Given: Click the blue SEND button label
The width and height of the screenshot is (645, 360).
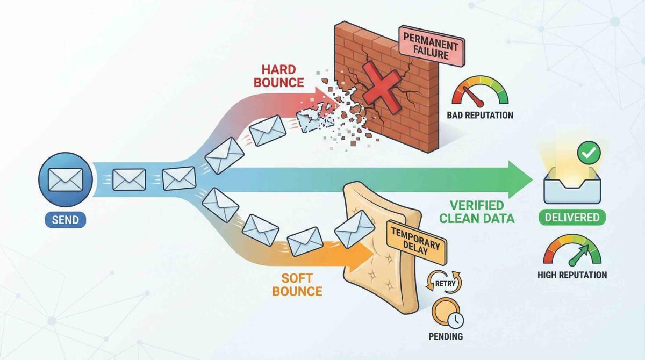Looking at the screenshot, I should tap(66, 220).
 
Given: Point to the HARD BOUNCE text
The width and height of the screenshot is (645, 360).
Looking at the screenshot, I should tap(283, 76).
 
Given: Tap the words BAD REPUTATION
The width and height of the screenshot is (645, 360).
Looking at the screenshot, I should tap(479, 115).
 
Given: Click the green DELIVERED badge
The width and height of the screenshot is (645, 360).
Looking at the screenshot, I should tap(572, 218).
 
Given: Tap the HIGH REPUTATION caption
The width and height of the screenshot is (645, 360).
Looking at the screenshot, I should tap(572, 275).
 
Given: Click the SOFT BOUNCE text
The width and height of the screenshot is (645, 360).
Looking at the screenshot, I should tap(297, 285).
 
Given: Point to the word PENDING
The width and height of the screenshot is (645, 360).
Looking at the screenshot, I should tap(447, 337).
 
